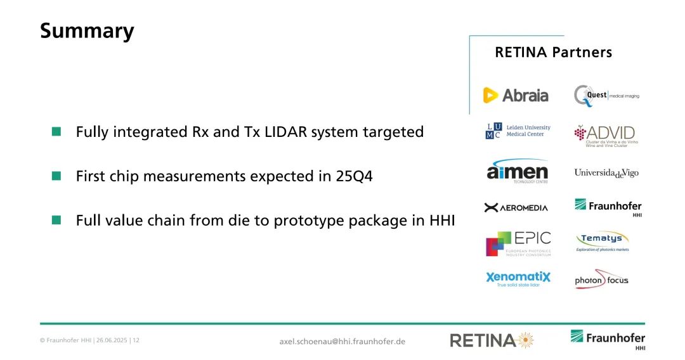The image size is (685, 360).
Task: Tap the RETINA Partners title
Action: click(x=553, y=53)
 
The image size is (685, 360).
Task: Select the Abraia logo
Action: click(x=516, y=95)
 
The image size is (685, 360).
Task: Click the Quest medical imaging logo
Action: click(x=606, y=96)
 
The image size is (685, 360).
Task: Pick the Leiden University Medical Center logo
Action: click(x=518, y=131)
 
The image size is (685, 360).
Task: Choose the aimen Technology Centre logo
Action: click(x=518, y=171)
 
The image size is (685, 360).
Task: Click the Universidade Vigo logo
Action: click(x=606, y=173)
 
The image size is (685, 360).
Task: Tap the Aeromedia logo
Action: click(x=516, y=208)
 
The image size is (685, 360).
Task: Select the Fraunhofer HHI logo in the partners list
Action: click(x=608, y=207)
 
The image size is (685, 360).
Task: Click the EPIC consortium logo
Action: click(x=518, y=243)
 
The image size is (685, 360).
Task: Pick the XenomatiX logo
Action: click(x=518, y=279)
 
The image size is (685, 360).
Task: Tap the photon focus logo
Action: click(x=601, y=280)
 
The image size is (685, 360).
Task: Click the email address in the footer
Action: click(x=342, y=341)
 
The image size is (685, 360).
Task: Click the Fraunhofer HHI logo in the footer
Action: click(x=608, y=340)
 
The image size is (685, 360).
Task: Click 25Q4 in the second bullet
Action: click(x=354, y=176)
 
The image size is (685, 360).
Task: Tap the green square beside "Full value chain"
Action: click(x=56, y=219)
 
